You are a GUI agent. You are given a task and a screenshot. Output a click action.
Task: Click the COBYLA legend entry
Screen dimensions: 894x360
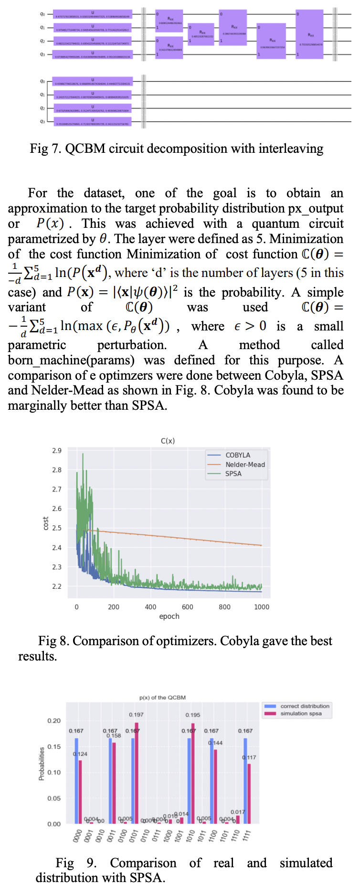238,455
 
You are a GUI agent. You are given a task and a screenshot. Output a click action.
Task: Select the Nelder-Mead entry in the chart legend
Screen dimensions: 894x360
245,464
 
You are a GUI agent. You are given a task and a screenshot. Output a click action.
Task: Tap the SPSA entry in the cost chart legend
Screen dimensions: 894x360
233,474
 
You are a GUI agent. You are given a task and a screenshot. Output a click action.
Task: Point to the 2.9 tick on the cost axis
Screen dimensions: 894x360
57,450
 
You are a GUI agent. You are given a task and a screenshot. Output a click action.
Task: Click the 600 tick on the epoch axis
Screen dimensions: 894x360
188,607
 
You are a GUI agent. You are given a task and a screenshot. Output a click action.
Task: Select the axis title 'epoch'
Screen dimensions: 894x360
169,617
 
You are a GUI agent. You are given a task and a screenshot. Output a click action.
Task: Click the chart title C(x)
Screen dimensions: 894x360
168,441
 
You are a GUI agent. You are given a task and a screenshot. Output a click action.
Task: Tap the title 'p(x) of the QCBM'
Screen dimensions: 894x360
162,697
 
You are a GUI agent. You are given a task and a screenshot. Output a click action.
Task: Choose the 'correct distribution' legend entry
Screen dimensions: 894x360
305,706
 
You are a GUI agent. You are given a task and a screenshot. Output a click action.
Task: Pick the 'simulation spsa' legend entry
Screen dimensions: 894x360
301,713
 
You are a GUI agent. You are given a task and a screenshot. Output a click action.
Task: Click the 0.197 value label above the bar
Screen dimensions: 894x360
136,714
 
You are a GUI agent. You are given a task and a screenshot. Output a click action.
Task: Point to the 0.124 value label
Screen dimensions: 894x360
80,754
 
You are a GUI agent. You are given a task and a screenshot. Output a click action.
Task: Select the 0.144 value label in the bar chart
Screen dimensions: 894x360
215,743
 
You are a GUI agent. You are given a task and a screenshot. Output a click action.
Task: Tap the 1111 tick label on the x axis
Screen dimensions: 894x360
246,835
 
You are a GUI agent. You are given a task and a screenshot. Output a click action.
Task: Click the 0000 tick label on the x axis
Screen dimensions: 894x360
77,835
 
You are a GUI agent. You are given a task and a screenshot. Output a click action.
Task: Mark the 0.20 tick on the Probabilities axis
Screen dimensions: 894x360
54,721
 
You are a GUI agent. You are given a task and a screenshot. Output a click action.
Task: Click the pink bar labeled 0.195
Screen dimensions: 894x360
193,774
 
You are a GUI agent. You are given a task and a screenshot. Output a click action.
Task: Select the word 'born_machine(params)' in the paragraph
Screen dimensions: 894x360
71,360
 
